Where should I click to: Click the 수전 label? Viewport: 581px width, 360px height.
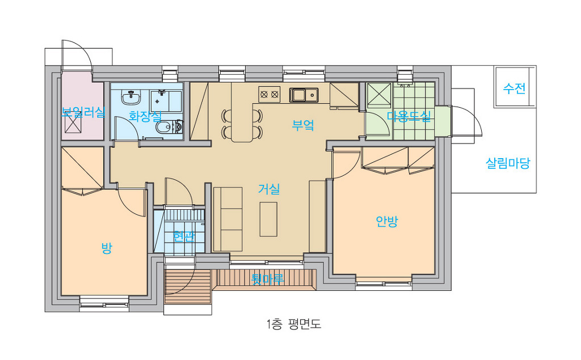pos(514,88)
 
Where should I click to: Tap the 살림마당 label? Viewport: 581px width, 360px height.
pos(508,163)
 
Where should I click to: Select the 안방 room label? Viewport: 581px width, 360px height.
pos(386,222)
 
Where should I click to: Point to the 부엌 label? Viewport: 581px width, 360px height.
pos(303,125)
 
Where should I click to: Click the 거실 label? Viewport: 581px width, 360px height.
pos(269,189)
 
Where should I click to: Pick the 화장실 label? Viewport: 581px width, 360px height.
pos(145,116)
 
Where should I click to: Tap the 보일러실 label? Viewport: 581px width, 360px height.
pos(83,112)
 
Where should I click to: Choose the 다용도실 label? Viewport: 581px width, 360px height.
pos(409,116)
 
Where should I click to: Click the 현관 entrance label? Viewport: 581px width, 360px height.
pos(184,236)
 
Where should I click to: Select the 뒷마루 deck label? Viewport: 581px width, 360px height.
pos(268,278)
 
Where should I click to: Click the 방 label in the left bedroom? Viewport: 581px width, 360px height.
pos(107,248)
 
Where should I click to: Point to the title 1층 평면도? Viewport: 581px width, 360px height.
pos(293,324)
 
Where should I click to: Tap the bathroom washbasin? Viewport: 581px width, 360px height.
pos(131,98)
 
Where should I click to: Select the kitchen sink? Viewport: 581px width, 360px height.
pos(304,95)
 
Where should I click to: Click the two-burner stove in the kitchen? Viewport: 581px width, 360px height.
pos(269,94)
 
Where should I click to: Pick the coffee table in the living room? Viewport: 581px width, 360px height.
pos(268,219)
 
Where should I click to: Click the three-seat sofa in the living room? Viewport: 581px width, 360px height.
pos(228,219)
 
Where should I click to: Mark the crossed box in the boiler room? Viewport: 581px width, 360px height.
pos(73,121)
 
